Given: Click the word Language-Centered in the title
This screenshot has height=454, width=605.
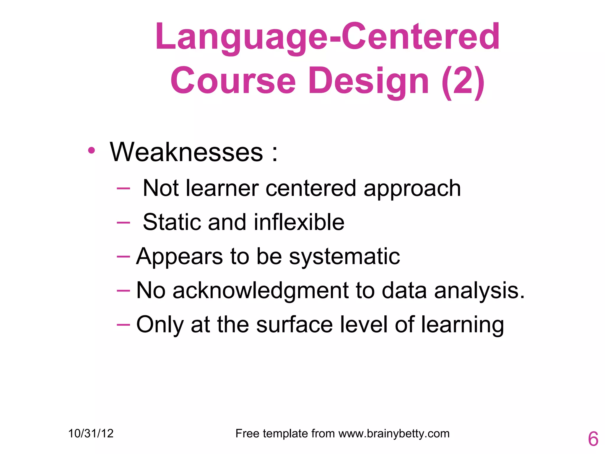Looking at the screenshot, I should coord(327,37).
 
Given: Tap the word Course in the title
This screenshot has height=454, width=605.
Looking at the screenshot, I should coord(233,80).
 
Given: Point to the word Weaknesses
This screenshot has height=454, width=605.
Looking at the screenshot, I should coord(186,152).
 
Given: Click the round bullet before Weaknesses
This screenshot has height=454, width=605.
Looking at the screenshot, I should coord(92,150).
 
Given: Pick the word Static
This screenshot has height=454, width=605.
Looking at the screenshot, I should coord(172,222).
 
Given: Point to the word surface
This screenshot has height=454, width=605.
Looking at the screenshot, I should coord(295,325).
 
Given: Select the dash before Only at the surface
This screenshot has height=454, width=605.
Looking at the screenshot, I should coord(123,325).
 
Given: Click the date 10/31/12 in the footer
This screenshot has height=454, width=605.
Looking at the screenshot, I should coord(91,434).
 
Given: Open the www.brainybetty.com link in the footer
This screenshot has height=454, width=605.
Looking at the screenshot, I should coord(394,434).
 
